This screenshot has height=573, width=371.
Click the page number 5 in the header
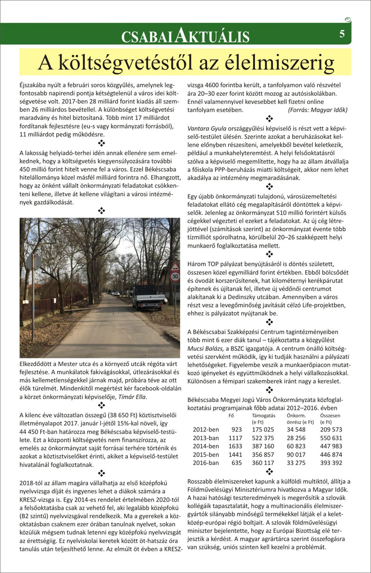click(x=342, y=34)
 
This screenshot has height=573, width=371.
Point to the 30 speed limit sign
click(x=175, y=277)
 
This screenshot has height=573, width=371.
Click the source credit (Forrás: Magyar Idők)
click(x=317, y=109)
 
